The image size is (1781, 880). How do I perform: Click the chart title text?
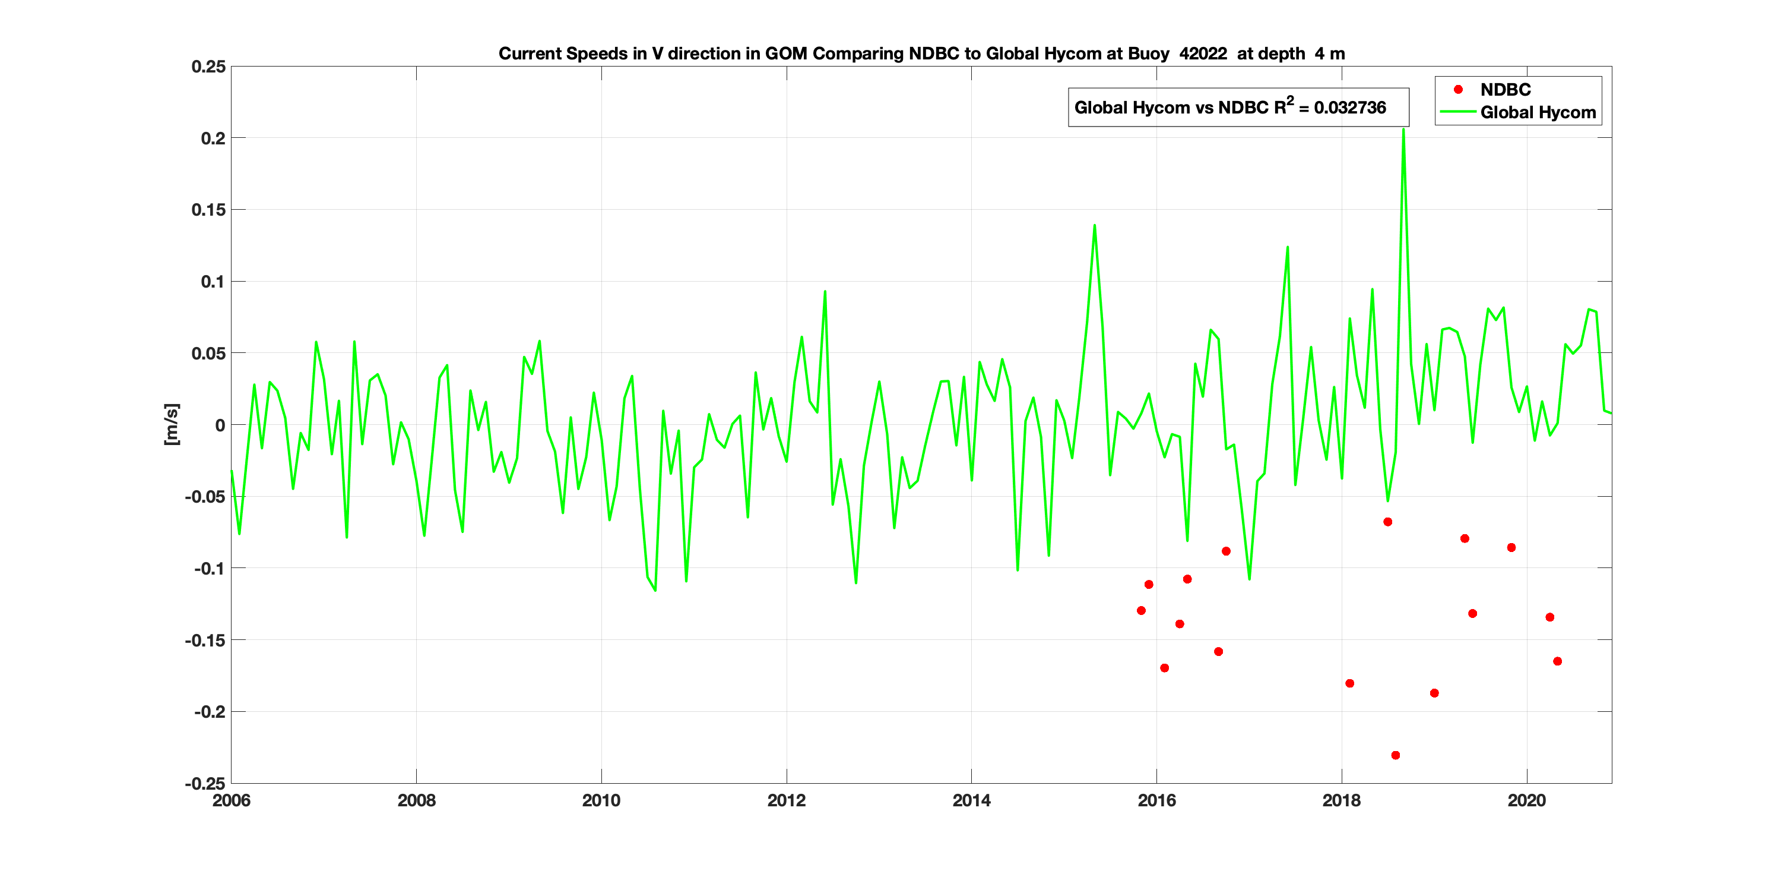[921, 54]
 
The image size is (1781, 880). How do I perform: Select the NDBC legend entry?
[1504, 89]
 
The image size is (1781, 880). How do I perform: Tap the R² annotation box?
[1238, 107]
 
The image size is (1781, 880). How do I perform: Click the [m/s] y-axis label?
[172, 424]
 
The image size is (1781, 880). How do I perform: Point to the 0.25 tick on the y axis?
[209, 67]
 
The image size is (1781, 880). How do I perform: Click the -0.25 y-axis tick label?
[205, 783]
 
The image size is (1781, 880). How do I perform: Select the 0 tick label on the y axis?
[220, 425]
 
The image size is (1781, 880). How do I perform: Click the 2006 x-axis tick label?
[232, 800]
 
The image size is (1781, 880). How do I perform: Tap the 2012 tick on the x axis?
[786, 800]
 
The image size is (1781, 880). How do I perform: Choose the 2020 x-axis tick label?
[1526, 800]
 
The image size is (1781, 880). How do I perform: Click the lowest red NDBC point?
[1395, 755]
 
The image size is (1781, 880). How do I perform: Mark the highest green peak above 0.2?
[1403, 130]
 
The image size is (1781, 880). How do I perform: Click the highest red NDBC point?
[1387, 522]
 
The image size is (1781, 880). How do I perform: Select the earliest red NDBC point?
[1141, 610]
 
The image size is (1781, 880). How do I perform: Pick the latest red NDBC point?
[1557, 661]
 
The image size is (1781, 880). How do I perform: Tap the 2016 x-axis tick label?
[1156, 800]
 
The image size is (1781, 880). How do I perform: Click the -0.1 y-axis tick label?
[210, 568]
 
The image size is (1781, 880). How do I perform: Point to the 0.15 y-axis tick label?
[209, 210]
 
